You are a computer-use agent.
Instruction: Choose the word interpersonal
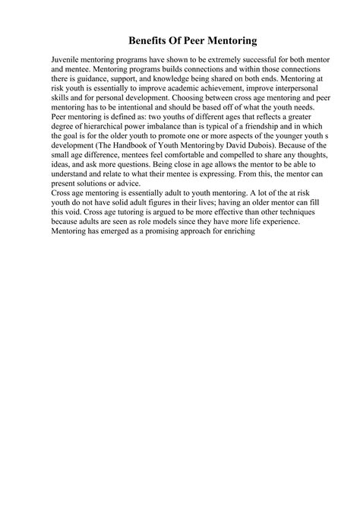tap(278, 88)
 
